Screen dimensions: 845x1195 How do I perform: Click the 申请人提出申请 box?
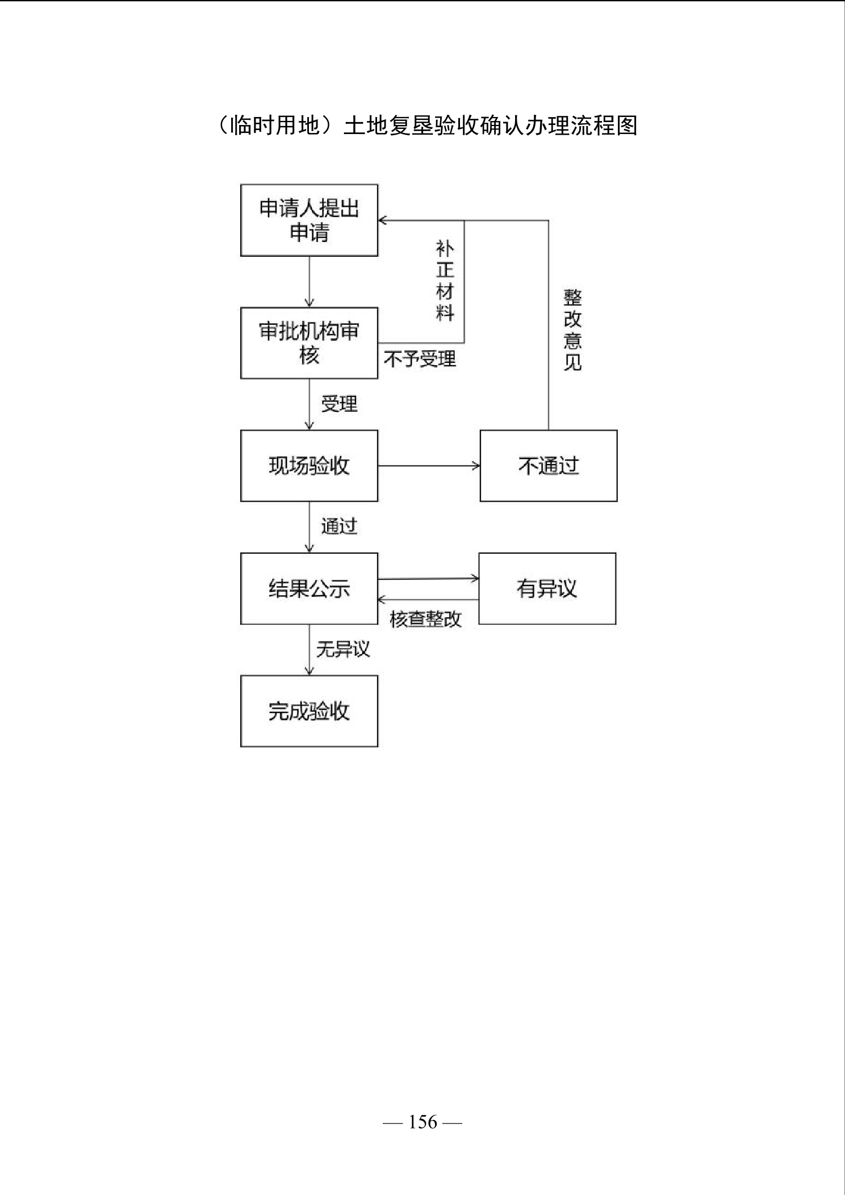pos(309,220)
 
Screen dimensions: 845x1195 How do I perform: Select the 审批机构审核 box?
pos(309,343)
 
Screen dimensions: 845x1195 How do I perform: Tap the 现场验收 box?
pos(309,466)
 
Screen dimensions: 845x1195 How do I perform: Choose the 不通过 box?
pos(549,466)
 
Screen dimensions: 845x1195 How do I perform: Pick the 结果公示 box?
pos(309,588)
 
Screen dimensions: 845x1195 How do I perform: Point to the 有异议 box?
pos(547,588)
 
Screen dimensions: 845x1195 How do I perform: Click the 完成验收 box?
pos(309,711)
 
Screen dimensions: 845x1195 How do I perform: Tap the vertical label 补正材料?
pos(445,280)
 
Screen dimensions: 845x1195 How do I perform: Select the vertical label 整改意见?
pos(572,329)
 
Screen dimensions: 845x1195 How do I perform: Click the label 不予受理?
pos(420,359)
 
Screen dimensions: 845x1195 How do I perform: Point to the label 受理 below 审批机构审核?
pos(339,404)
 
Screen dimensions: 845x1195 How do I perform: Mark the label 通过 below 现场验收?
pos(339,526)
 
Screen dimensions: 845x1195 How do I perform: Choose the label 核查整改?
pos(426,619)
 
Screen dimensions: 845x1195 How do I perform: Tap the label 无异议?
pos(343,649)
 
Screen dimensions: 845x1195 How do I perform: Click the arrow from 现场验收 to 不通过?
pos(429,466)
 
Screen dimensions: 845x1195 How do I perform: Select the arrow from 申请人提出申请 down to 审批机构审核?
pos(309,282)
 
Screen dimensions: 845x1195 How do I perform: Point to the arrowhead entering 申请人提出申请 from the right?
pos(382,220)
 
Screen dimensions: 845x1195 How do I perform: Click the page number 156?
pos(423,1122)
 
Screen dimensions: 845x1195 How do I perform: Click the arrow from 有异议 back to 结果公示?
pos(429,599)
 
